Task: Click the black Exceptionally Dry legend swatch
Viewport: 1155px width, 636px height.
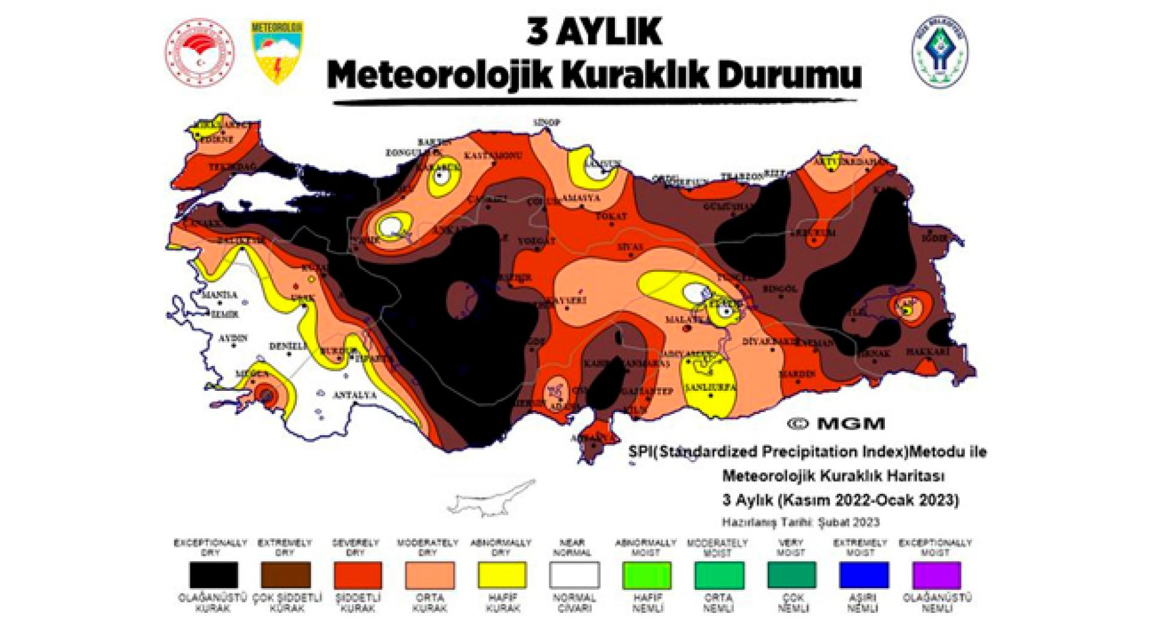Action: point(213,575)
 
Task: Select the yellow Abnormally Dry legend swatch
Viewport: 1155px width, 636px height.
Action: point(501,575)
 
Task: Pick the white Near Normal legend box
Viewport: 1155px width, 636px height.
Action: point(574,575)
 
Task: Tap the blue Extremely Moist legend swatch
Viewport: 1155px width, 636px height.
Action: point(864,575)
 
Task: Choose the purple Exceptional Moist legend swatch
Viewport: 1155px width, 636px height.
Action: point(937,575)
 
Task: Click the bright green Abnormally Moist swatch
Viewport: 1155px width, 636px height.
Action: point(646,575)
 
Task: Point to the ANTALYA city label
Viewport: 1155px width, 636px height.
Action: point(355,395)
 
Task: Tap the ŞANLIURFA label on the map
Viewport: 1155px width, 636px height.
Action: point(710,387)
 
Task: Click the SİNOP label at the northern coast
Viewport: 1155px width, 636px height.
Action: point(546,123)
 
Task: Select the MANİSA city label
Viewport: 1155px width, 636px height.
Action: point(219,294)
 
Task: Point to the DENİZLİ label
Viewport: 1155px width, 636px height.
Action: point(288,346)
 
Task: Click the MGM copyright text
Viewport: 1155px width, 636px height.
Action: point(836,424)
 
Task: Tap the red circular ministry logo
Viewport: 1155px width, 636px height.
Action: point(199,52)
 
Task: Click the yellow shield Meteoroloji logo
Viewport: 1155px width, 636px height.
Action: point(277,52)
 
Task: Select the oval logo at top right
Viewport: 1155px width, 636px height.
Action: point(940,52)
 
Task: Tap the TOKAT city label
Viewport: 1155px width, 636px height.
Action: point(611,216)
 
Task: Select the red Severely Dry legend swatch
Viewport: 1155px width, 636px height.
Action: point(357,575)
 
